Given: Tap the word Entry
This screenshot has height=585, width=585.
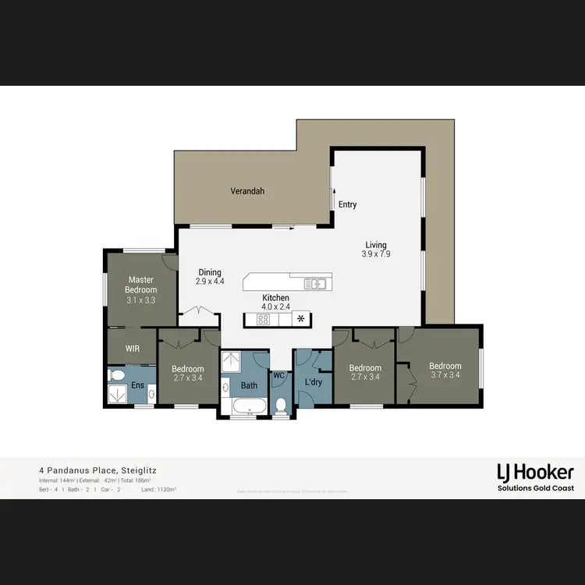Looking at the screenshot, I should [348, 204].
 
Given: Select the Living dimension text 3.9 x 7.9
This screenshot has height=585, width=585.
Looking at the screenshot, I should [375, 254].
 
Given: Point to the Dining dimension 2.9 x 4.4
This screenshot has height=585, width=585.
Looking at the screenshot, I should [210, 281].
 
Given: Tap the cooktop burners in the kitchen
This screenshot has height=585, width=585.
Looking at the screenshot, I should [264, 319].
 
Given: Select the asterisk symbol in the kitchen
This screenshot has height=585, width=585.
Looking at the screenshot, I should [301, 319].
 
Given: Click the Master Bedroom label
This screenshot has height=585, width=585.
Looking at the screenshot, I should [141, 285].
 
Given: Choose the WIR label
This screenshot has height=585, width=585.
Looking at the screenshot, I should [133, 348].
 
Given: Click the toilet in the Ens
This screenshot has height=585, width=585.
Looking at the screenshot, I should [116, 375].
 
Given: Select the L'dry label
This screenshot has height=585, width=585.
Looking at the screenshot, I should [314, 382].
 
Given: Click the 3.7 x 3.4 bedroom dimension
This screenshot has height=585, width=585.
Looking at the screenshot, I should [445, 375].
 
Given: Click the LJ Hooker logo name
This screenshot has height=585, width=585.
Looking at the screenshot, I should [535, 472].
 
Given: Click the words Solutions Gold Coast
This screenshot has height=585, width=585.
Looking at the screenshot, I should [535, 487].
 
